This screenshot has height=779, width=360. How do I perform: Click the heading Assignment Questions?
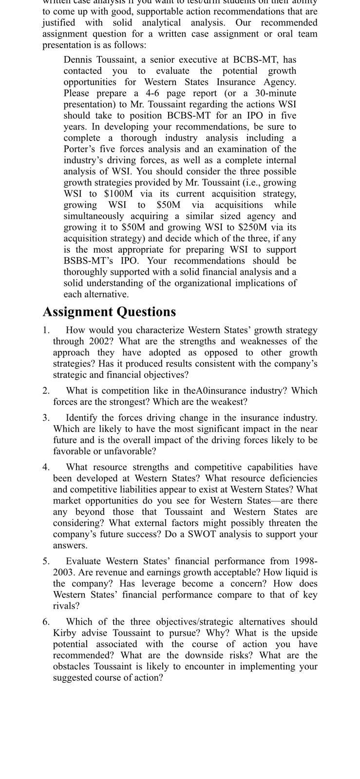109,312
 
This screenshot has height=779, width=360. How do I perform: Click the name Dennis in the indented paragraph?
78,59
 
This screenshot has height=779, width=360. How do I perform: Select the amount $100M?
118,193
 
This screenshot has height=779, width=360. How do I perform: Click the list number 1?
46,330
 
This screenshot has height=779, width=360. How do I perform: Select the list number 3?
46,418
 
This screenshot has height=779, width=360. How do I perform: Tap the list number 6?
46,622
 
